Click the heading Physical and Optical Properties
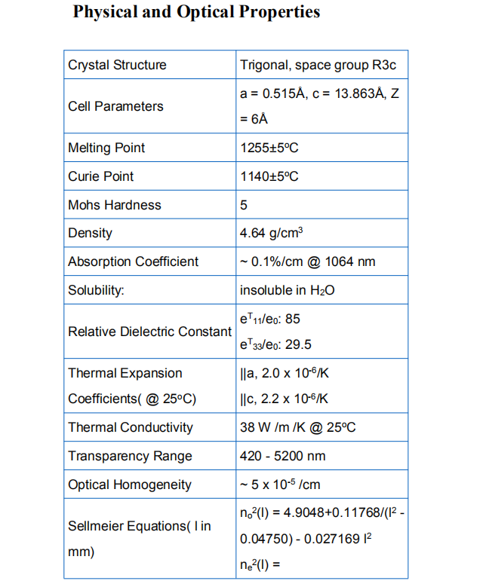[196, 13]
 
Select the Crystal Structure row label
[117, 65]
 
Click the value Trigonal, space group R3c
[318, 65]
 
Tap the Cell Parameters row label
[115, 106]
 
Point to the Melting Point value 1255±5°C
[269, 148]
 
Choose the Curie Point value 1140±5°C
[269, 176]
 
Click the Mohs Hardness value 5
[244, 205]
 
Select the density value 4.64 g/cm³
[272, 234]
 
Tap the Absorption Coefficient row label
[134, 262]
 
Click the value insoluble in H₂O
[287, 291]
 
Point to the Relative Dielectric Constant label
[149, 332]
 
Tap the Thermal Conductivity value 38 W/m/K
[297, 427]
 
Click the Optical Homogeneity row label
[130, 485]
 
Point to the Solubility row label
[96, 291]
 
